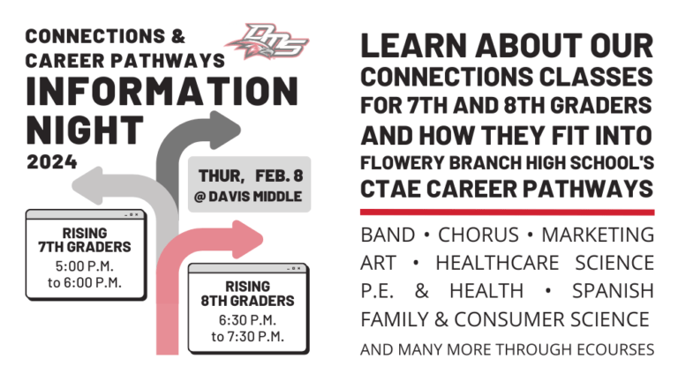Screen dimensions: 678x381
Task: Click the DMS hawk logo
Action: (267, 41)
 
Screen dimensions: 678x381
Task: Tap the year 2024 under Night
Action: (52, 162)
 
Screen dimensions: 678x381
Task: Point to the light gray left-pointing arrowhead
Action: (87, 186)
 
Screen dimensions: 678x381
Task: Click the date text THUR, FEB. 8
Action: (251, 176)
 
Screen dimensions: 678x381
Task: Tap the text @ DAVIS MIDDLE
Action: (248, 197)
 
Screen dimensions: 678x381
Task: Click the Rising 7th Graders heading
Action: (85, 240)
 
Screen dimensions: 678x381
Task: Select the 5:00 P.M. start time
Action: (85, 265)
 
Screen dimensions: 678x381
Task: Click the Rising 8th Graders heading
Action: (247, 294)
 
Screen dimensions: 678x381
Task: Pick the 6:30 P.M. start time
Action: (247, 320)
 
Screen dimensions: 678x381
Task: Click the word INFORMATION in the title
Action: (162, 91)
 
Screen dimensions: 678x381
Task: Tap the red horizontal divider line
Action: (508, 212)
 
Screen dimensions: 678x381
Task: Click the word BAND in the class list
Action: (388, 235)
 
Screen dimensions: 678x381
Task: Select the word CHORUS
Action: (478, 235)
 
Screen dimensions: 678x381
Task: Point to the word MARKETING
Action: (598, 235)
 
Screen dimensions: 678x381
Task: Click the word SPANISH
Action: (614, 291)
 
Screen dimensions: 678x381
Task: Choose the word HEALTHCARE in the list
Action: (497, 263)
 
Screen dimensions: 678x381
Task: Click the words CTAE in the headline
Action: (391, 189)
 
